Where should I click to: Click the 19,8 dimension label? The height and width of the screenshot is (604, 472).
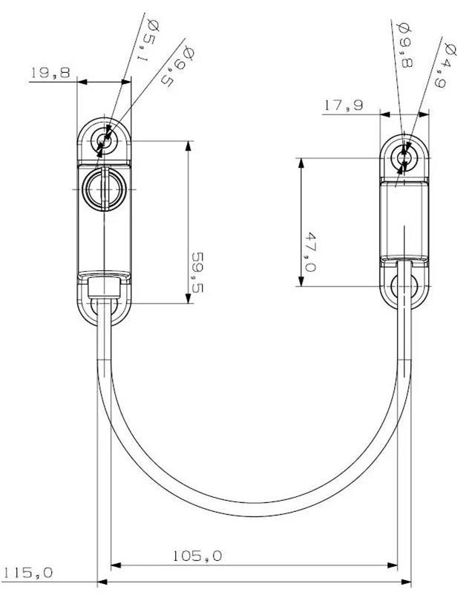pos(50,72)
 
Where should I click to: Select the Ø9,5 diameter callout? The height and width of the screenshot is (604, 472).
pos(177,66)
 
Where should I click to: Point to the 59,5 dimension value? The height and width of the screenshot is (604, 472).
pos(197,273)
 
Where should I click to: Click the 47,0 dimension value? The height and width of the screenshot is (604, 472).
pos(309,252)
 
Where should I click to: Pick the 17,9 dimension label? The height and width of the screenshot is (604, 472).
pos(344,105)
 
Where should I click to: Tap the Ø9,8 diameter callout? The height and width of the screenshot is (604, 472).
pos(404,45)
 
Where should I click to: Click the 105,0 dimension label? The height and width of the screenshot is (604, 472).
pos(197,556)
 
